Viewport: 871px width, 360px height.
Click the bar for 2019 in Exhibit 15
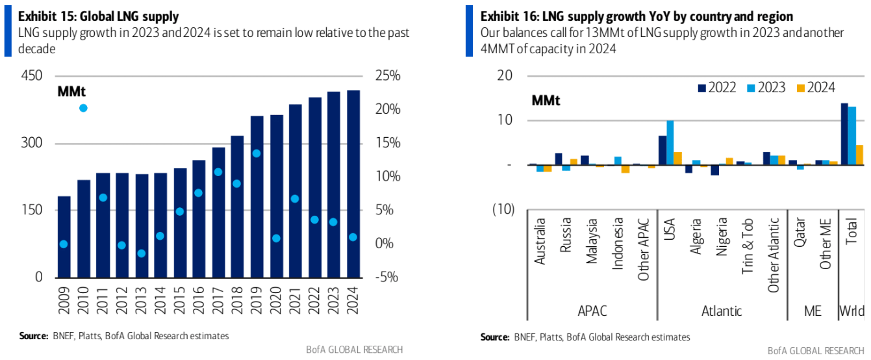pyautogui.click(x=257, y=196)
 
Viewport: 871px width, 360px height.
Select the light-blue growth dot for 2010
pyautogui.click(x=83, y=108)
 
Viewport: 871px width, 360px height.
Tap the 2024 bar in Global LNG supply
pyautogui.click(x=353, y=184)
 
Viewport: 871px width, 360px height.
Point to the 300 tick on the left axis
pyautogui.click(x=31, y=143)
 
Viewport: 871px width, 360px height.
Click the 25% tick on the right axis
pyautogui.click(x=388, y=75)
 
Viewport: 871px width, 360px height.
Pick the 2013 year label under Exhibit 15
pyautogui.click(x=141, y=300)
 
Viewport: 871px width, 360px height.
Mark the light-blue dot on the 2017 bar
pyautogui.click(x=218, y=172)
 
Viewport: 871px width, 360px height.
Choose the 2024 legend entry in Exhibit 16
pyautogui.click(x=816, y=88)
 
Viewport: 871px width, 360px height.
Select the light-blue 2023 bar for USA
pyautogui.click(x=670, y=142)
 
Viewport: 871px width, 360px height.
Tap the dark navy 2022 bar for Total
pyautogui.click(x=844, y=134)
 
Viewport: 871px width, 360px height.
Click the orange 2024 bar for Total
pyautogui.click(x=859, y=155)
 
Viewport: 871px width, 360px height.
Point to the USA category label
pyautogui.click(x=670, y=229)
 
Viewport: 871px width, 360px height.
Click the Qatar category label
pyautogui.click(x=800, y=233)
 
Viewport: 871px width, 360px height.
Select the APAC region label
pyautogui.click(x=592, y=311)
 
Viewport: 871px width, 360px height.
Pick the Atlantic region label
pyautogui.click(x=722, y=311)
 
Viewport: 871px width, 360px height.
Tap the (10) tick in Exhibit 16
pyautogui.click(x=503, y=209)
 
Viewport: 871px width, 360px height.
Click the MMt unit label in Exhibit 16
pyautogui.click(x=546, y=101)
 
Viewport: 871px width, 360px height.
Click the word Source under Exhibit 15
pyautogui.click(x=33, y=336)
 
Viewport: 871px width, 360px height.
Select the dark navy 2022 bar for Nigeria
pyautogui.click(x=714, y=170)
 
